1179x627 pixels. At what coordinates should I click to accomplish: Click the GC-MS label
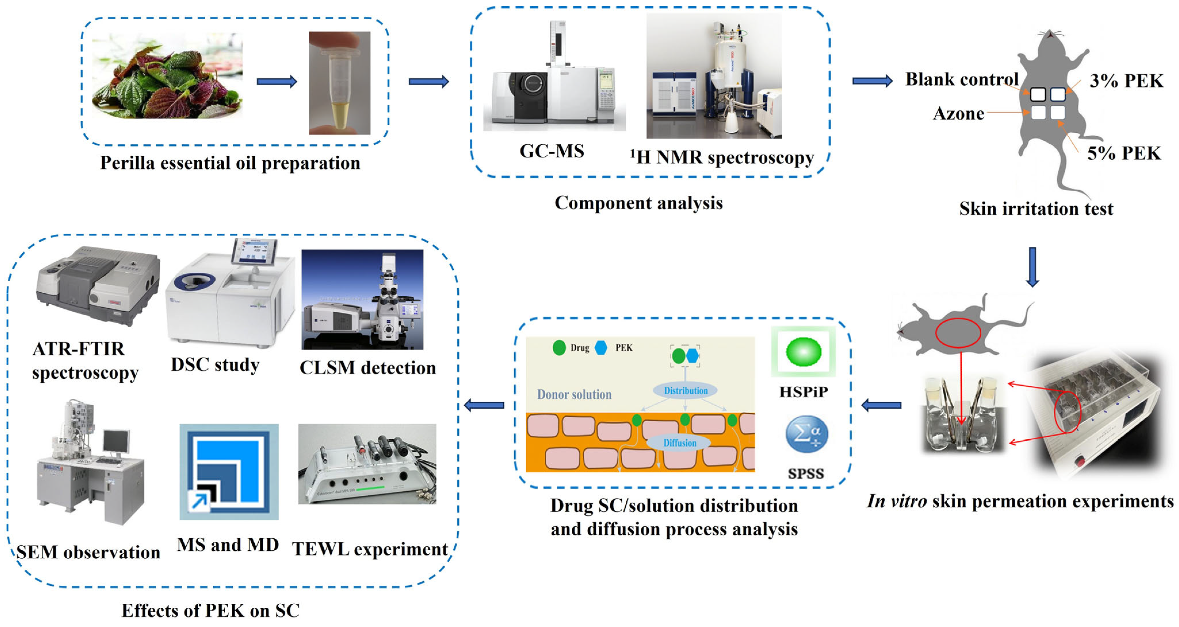tap(552, 151)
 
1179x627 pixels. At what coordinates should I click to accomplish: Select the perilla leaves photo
tap(167, 76)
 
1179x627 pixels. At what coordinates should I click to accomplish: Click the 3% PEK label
tap(1126, 81)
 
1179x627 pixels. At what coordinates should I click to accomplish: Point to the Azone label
tap(958, 114)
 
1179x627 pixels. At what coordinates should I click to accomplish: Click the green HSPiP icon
tap(803, 351)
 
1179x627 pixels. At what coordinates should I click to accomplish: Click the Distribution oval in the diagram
tap(685, 391)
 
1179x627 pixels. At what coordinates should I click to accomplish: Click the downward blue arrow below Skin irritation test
tap(1032, 267)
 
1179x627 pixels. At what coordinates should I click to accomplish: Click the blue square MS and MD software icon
tap(229, 471)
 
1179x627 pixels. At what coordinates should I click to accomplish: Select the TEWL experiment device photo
tap(367, 463)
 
